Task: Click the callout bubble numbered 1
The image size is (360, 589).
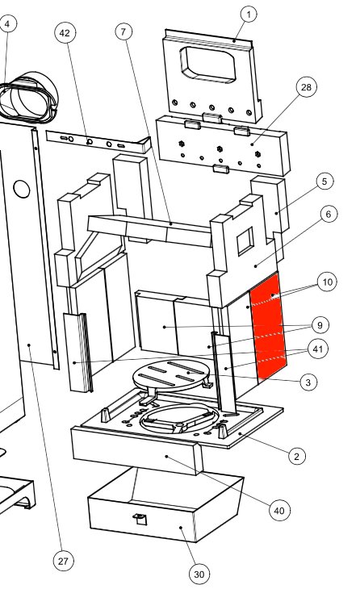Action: tap(249, 15)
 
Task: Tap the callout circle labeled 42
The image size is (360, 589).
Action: tap(65, 33)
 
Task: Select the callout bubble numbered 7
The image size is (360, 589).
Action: tap(123, 32)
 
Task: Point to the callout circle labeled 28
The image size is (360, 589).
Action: tap(306, 87)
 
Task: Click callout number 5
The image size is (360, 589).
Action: tap(324, 182)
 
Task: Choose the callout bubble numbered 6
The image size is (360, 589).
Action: tap(329, 214)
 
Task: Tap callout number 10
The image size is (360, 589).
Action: tap(327, 282)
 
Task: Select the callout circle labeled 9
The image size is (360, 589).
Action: tap(320, 325)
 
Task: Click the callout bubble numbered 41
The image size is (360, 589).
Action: tap(318, 349)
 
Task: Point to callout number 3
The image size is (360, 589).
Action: tap(308, 382)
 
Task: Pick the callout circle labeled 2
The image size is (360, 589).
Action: tap(297, 457)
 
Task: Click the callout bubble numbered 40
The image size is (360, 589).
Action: tap(279, 511)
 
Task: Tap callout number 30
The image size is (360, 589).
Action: tap(199, 574)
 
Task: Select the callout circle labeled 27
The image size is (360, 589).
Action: tap(63, 562)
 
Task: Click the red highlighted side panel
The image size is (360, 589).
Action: tap(268, 325)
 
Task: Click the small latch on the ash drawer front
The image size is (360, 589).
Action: tap(140, 519)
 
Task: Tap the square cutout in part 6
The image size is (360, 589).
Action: tap(245, 240)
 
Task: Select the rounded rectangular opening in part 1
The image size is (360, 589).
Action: tap(207, 65)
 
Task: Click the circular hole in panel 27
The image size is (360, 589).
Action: tap(22, 189)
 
